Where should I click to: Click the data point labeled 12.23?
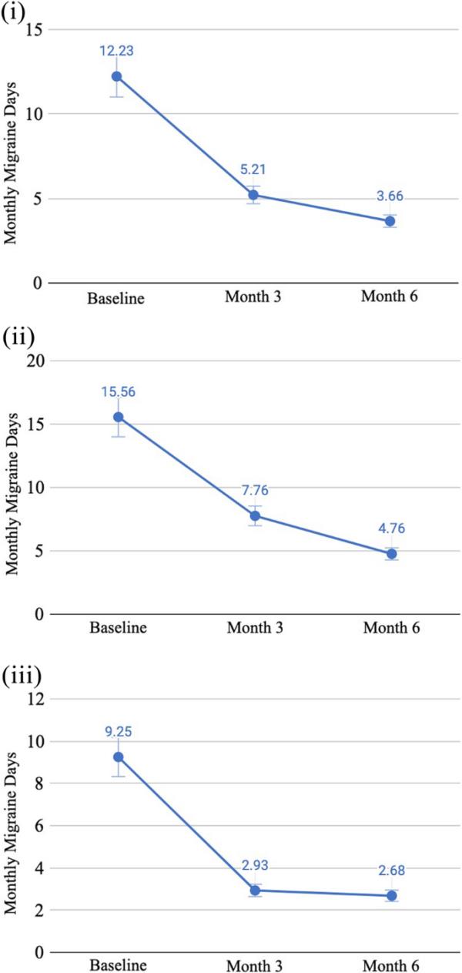[116, 76]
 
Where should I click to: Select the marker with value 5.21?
[253, 195]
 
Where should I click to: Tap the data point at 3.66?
[390, 221]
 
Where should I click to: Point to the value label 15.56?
[118, 391]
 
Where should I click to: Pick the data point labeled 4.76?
[392, 554]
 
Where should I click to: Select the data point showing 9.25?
[118, 757]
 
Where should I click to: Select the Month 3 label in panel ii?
[255, 629]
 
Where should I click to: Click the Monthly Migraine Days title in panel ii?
[11, 487]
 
